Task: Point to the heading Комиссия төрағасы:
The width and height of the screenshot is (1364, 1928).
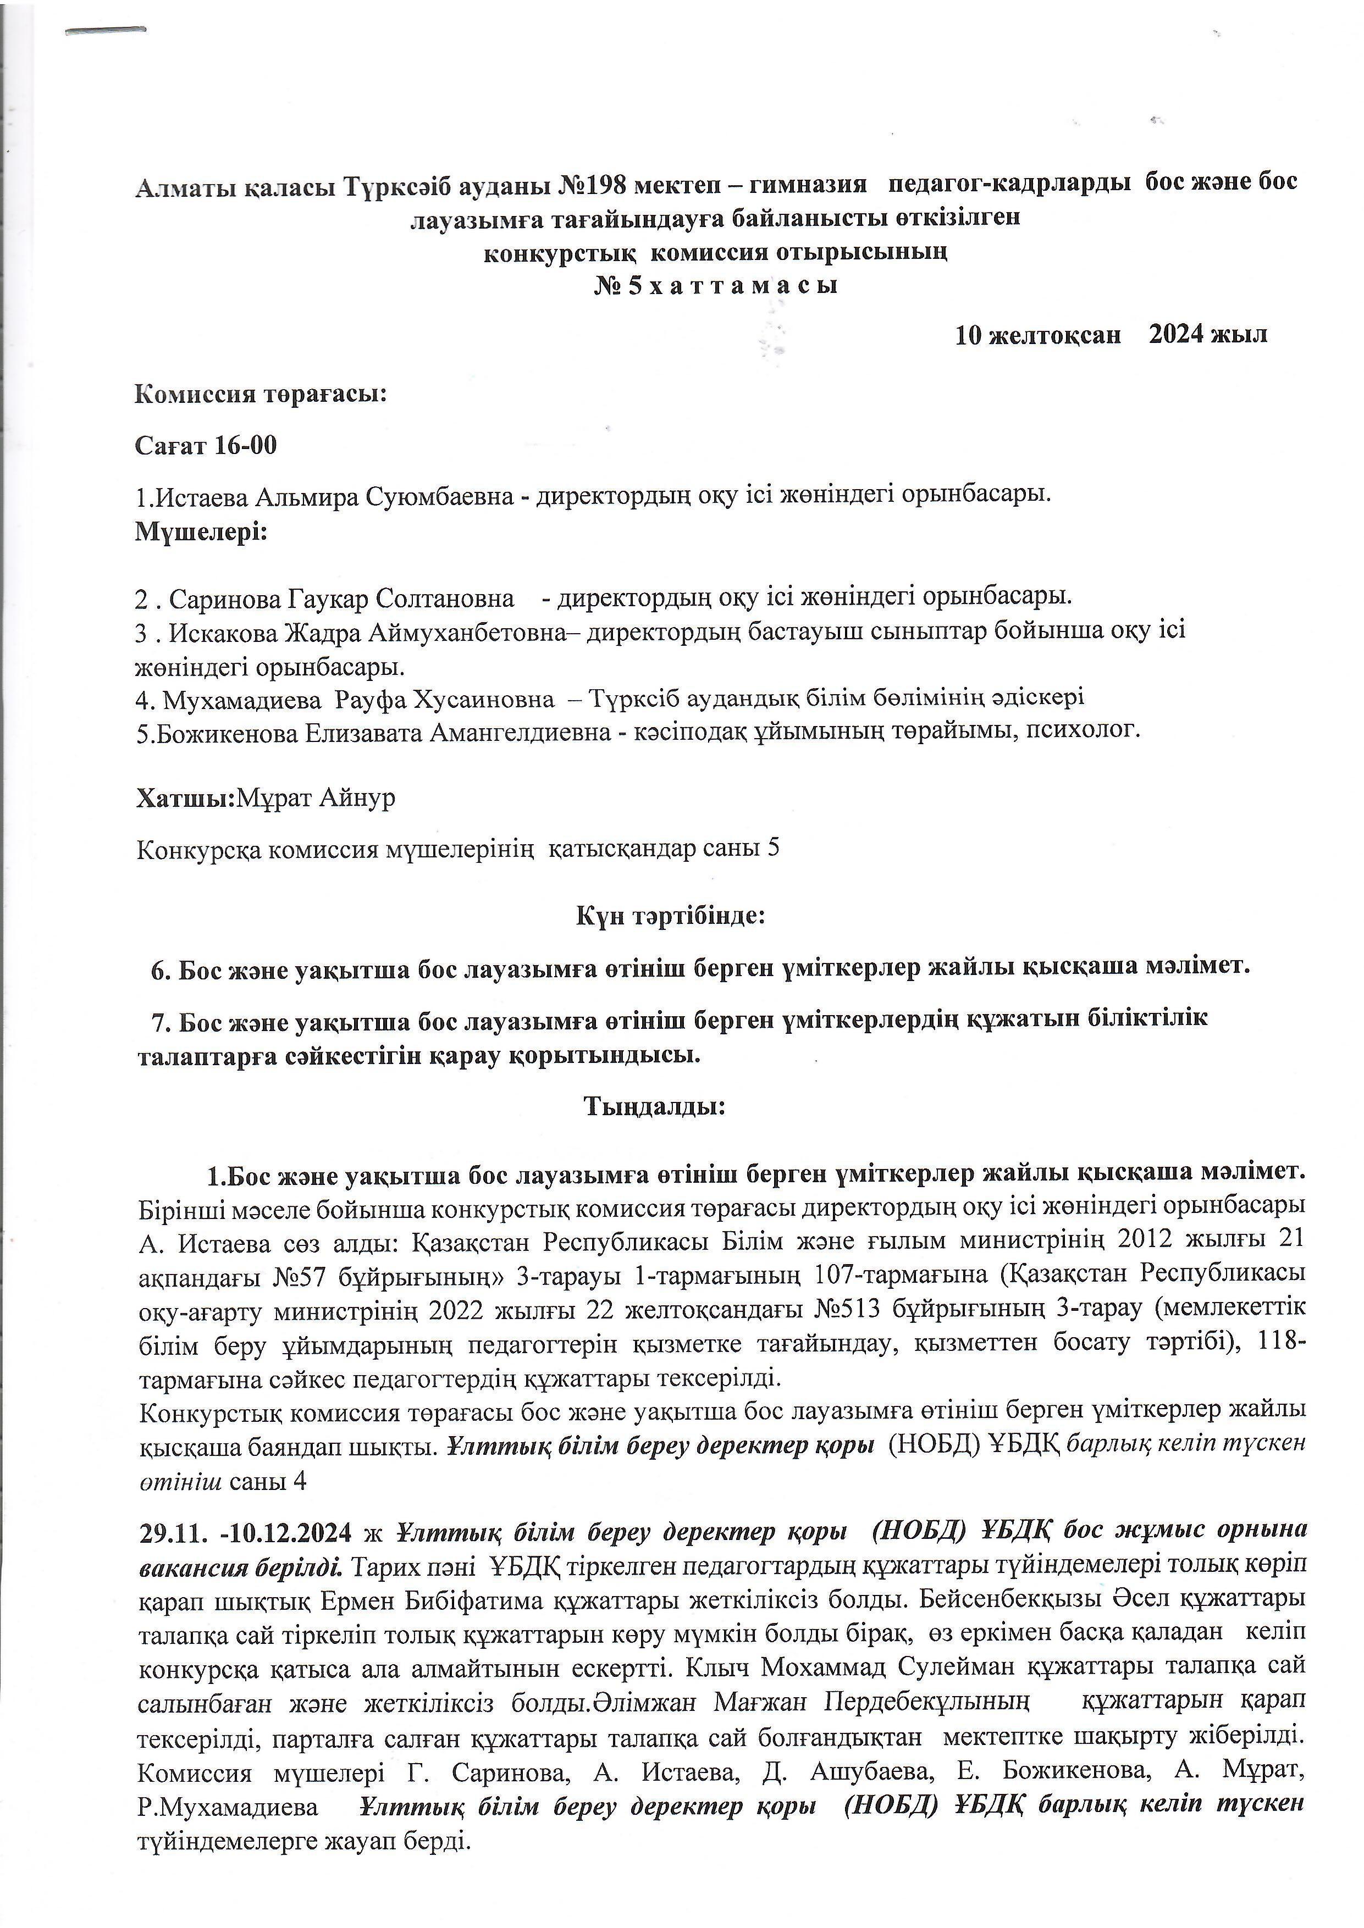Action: [x=261, y=394]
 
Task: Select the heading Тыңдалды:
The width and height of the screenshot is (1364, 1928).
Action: [x=654, y=1107]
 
